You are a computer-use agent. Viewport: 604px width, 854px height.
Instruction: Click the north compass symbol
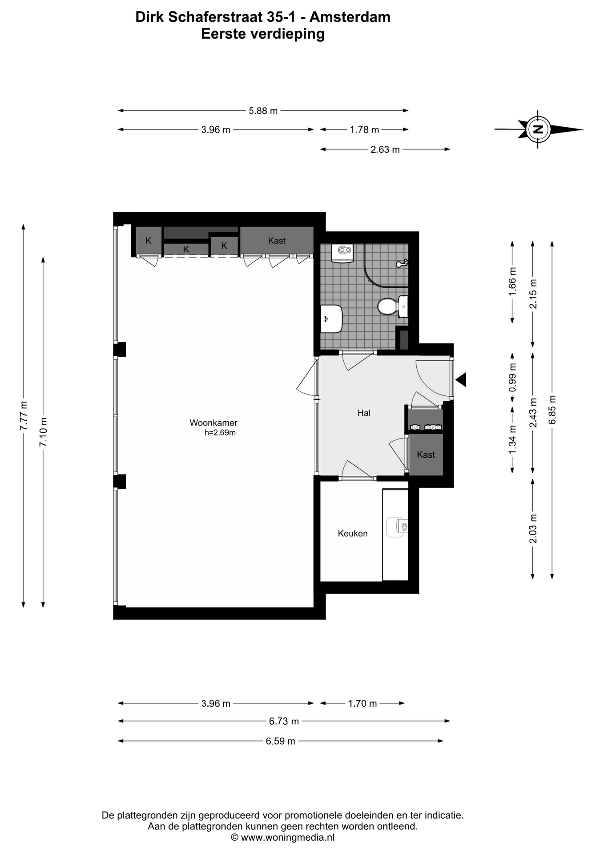coord(538,129)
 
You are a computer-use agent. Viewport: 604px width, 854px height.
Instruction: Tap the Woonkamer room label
coord(213,423)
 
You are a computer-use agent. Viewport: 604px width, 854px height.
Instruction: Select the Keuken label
coord(353,533)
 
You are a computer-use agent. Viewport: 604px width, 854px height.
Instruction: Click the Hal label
coord(364,413)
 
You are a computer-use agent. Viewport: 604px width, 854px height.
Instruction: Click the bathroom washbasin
coord(331,318)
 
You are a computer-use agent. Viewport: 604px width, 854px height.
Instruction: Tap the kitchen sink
coord(397,527)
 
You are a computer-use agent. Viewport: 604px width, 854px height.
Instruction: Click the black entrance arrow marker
coord(461,379)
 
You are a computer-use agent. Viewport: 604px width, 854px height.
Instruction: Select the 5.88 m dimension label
coord(263,111)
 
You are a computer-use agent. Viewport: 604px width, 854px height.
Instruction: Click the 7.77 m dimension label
coord(24,415)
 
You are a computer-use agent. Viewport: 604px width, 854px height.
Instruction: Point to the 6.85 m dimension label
coord(552,409)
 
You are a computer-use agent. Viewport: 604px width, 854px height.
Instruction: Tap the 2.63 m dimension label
coord(385,149)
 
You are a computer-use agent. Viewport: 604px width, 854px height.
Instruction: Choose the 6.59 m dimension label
coord(280,741)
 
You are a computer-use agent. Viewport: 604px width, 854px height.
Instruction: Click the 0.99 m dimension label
coord(512,377)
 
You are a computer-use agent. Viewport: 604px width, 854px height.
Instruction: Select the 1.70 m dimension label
coord(362,703)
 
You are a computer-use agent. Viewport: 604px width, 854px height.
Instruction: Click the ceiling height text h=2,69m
coord(220,432)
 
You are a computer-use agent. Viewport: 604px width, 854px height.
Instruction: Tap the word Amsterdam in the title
coord(350,17)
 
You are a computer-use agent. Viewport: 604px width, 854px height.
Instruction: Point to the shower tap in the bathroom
coord(402,264)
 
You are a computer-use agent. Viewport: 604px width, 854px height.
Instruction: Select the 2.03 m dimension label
coord(533,528)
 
